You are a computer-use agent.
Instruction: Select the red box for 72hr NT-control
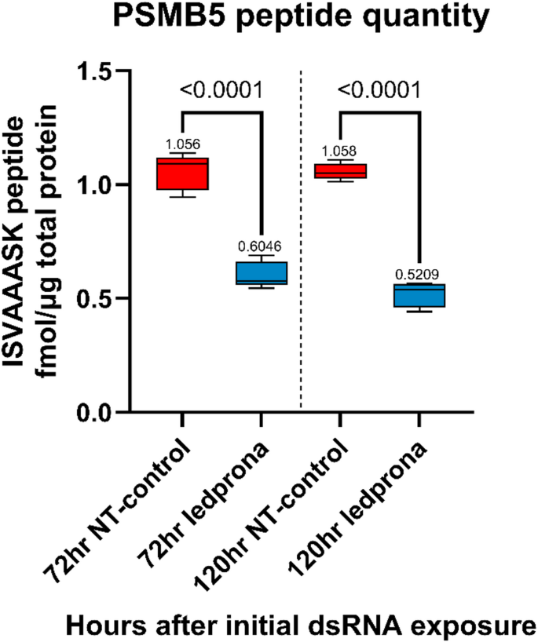(x=182, y=173)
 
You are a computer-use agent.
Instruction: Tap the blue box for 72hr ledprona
(x=261, y=272)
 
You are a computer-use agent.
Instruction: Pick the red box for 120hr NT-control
(x=340, y=171)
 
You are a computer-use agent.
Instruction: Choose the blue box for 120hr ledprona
(x=419, y=295)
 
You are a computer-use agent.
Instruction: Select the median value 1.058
(x=340, y=150)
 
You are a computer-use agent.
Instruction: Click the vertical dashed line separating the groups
(x=301, y=235)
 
